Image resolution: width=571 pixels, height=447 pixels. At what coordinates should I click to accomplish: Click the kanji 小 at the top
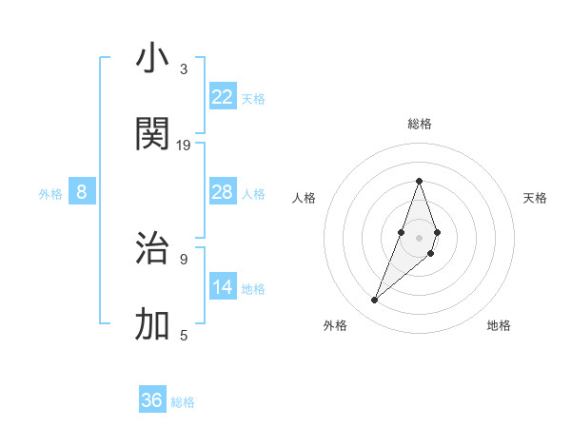coord(152,59)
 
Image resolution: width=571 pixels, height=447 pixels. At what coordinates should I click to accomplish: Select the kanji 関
coord(152,134)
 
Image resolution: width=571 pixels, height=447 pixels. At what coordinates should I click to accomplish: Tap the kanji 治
coord(152,249)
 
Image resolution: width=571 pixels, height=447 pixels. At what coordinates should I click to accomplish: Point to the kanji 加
coord(152,324)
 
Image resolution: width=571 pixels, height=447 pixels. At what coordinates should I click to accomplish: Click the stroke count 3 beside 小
coord(184,69)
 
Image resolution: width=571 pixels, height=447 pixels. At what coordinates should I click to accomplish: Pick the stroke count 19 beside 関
coord(184,145)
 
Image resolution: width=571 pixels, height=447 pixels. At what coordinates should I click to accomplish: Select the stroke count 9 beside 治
coord(184,259)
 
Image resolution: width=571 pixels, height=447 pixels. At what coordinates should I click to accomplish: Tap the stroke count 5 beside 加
coord(184,335)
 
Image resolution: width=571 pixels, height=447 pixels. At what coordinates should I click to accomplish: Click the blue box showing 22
coord(223,97)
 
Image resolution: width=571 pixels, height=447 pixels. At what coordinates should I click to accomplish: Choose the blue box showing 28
coord(223,192)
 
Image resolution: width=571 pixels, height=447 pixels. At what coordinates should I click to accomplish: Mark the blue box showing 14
coord(223,287)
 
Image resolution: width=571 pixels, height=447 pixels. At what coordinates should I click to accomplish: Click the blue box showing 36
coord(152,400)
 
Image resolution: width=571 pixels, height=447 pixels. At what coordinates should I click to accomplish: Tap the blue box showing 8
coord(82,192)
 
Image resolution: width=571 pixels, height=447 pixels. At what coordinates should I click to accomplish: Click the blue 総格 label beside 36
coord(183,402)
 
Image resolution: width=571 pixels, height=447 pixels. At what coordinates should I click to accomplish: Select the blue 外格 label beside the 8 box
coord(50,194)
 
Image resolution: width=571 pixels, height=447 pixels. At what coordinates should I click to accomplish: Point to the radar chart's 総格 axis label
coord(419,124)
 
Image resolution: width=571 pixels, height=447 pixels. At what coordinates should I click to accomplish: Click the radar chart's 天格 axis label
coord(535,198)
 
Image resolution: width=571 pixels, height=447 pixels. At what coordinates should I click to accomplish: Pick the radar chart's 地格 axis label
coord(499,325)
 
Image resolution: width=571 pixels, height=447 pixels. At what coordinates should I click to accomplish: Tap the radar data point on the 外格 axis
coord(375,301)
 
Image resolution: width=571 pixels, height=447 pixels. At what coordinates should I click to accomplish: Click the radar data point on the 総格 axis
coord(419,181)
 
